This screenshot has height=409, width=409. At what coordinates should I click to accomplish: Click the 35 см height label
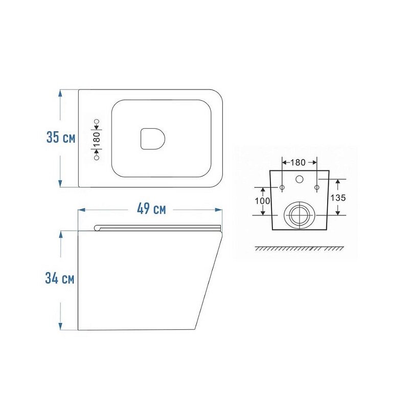coord(61,138)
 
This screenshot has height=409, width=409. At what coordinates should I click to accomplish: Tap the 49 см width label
coord(151,209)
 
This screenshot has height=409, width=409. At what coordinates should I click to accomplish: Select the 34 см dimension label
coord(60,278)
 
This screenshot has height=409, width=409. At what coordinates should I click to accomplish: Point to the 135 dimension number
coord(338,198)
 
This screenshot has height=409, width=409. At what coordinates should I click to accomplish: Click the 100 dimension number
coord(262,201)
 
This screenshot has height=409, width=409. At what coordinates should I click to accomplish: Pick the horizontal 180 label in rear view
coord(298,163)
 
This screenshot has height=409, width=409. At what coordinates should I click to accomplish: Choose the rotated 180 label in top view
coord(97,140)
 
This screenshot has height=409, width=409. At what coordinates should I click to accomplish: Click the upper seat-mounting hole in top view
coord(97,121)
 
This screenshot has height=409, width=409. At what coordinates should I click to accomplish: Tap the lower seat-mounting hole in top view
coord(97,158)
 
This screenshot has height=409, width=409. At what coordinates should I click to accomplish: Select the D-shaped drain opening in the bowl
coord(152,139)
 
